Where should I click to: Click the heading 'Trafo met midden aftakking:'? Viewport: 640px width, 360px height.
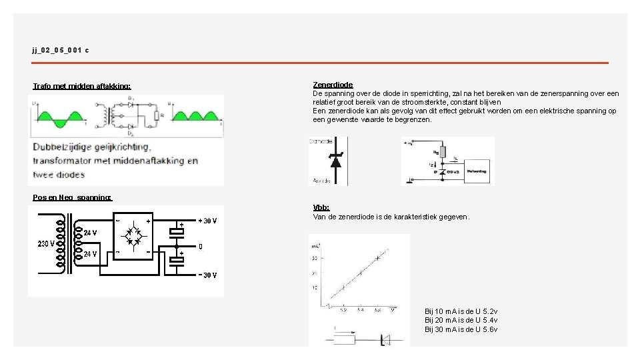click(x=82, y=86)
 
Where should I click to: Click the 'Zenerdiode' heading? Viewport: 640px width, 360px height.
click(x=333, y=85)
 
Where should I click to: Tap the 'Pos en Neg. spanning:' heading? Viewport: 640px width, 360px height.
click(x=73, y=197)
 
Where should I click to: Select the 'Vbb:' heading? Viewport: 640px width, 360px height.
click(x=321, y=208)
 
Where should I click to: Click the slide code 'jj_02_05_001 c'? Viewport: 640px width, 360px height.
click(x=60, y=50)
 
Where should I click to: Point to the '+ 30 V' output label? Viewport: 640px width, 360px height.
click(x=207, y=221)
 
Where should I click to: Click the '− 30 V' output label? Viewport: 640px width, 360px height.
click(x=207, y=275)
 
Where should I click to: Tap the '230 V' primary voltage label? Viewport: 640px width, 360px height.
click(x=46, y=244)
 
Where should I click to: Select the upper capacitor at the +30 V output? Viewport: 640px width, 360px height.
click(x=176, y=231)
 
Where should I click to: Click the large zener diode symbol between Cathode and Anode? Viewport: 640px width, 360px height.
click(x=335, y=160)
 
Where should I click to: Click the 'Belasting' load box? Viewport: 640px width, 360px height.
click(x=476, y=171)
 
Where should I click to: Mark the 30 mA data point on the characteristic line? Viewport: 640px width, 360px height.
click(x=378, y=257)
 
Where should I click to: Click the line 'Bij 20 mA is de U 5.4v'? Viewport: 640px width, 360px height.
click(x=461, y=321)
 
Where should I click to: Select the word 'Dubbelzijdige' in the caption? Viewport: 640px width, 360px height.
click(x=63, y=147)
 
